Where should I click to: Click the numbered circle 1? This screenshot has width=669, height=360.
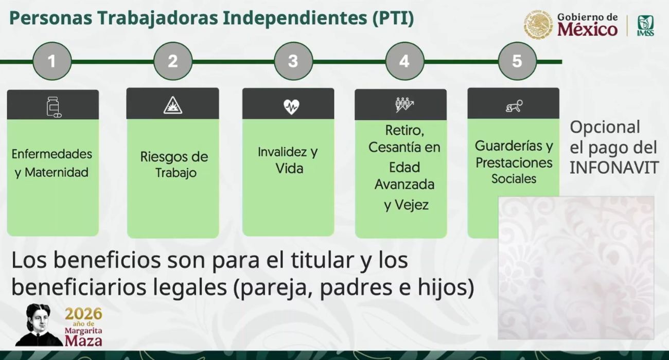(52, 61)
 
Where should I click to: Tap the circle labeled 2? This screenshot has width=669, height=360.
(173, 61)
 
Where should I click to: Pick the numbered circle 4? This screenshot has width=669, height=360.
(404, 61)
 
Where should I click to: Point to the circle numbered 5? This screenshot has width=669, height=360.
(517, 61)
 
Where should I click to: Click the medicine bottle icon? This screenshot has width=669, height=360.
(53, 106)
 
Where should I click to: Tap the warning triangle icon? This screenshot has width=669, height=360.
(173, 105)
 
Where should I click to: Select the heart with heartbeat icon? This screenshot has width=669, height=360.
(291, 106)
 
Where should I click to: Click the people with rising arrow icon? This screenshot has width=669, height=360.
(404, 104)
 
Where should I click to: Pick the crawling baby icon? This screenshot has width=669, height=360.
(514, 106)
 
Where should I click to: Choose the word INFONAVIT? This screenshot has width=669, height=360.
(614, 168)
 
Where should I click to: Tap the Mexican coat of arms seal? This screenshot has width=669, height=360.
(538, 25)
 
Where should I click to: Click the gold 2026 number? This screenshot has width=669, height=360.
(84, 314)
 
